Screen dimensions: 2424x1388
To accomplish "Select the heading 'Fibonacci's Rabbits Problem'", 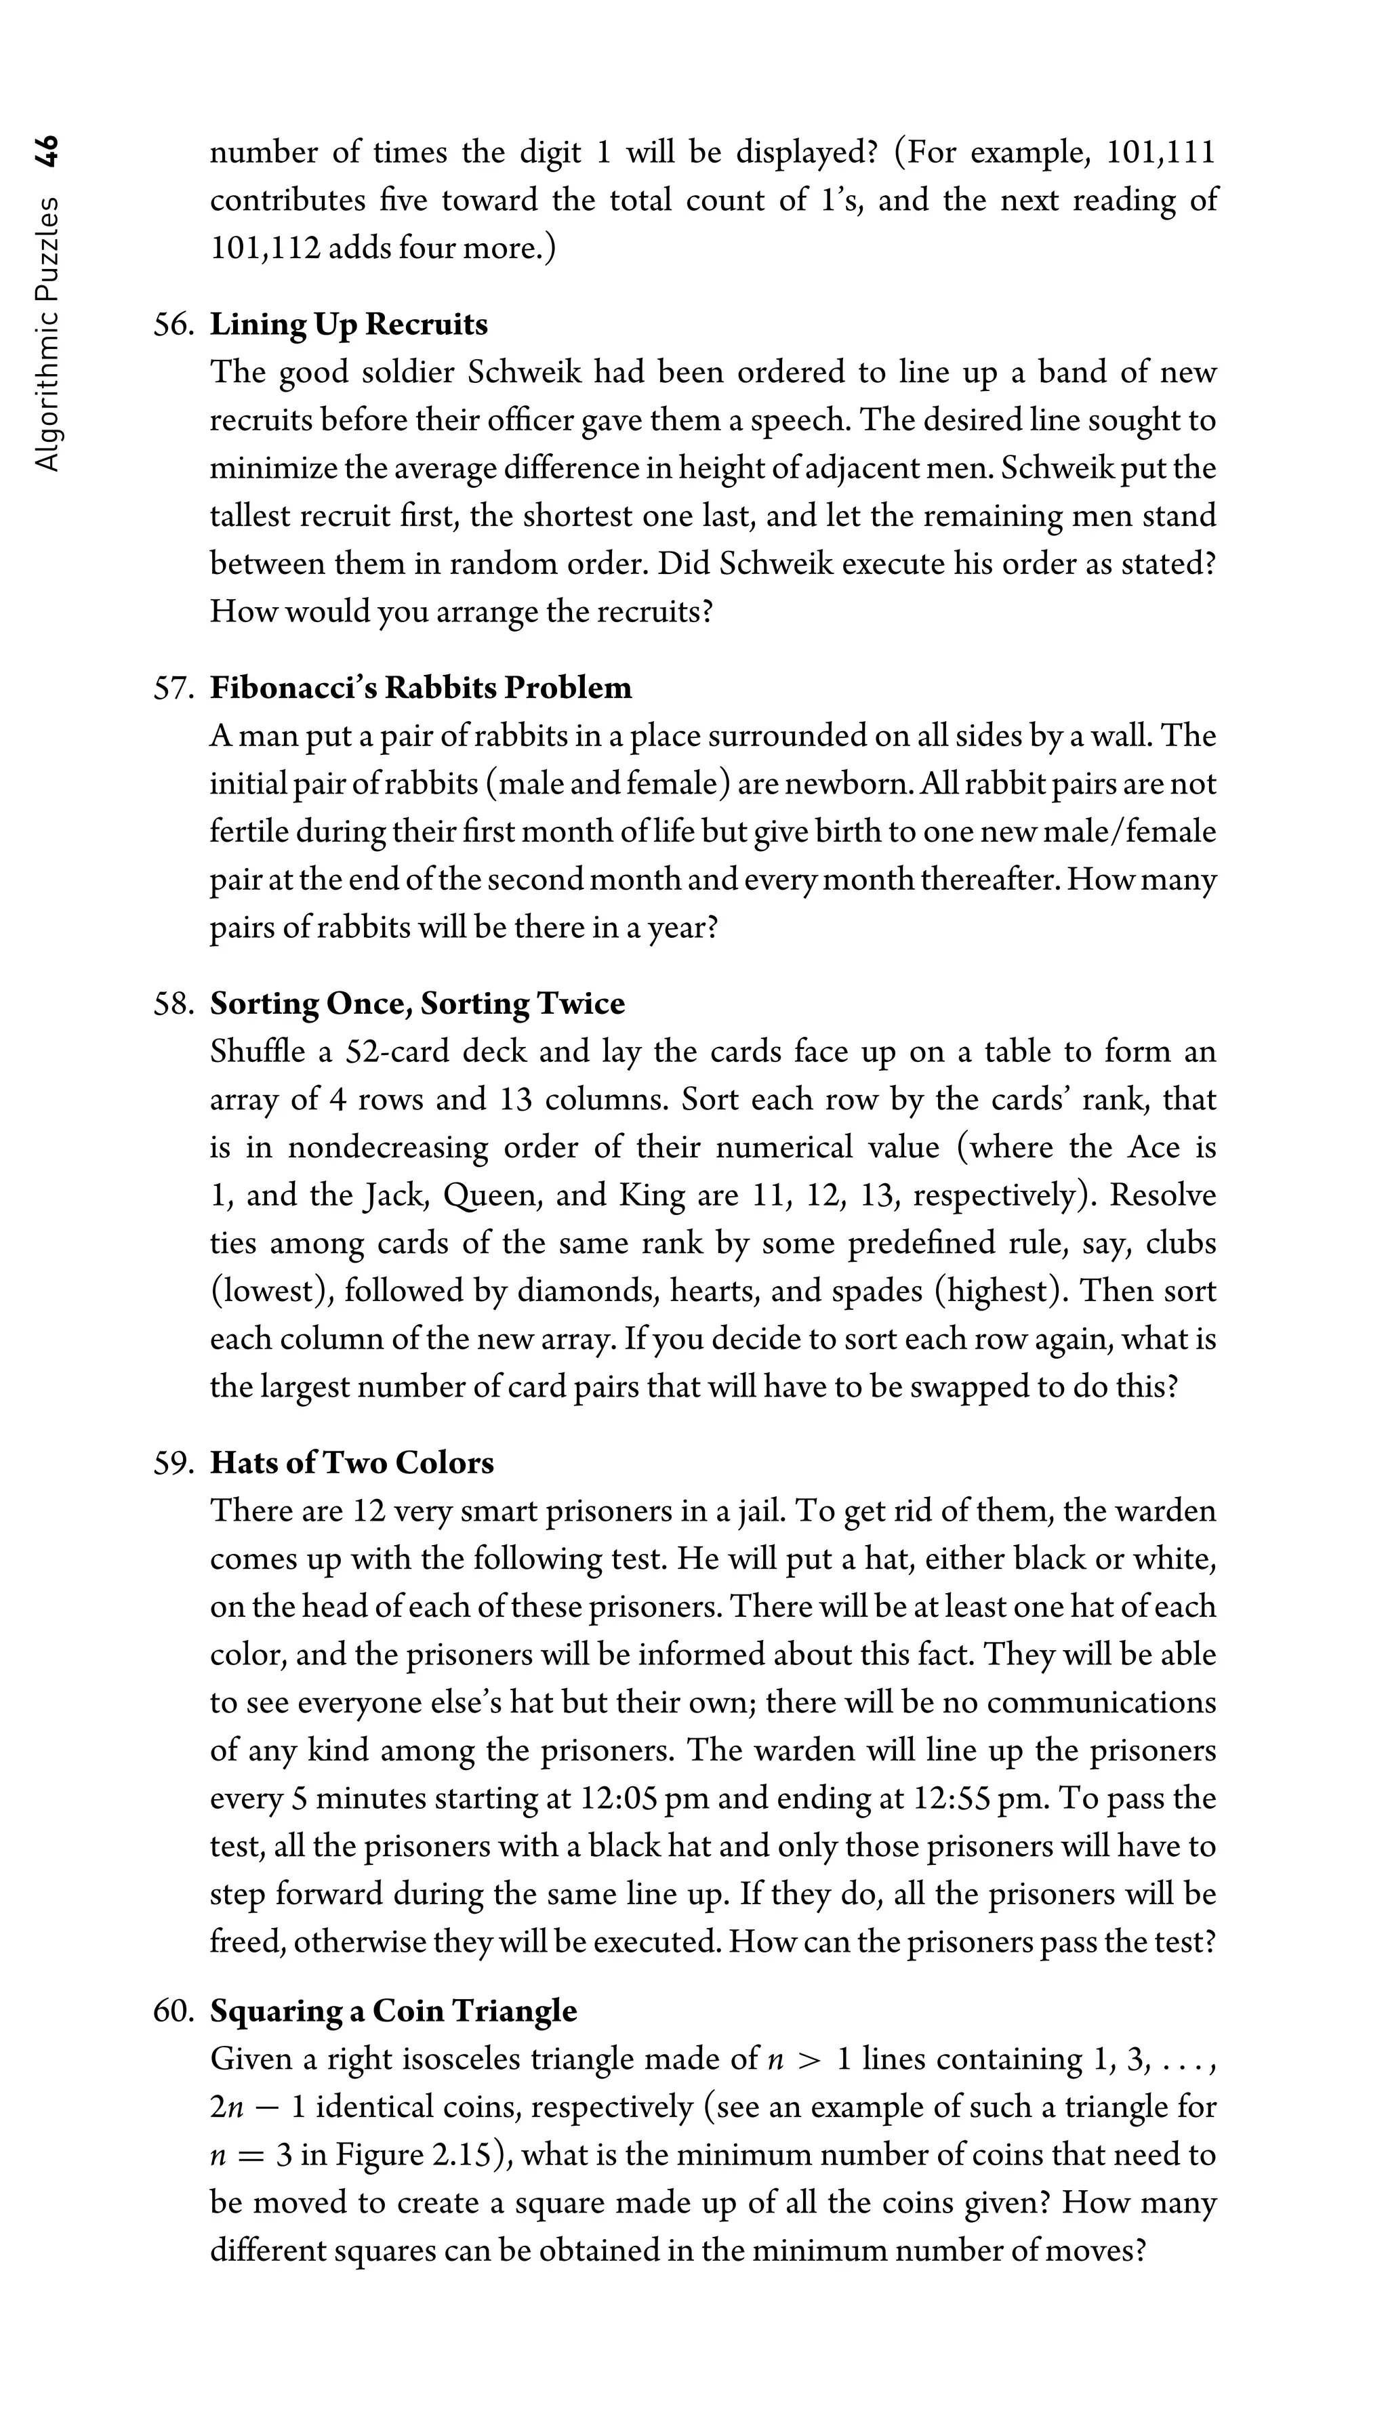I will pyautogui.click(x=420, y=689).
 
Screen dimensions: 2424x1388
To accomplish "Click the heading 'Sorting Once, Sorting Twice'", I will pyautogui.click(x=417, y=1004).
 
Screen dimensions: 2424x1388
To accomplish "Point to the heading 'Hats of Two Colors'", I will pyautogui.click(x=352, y=1463).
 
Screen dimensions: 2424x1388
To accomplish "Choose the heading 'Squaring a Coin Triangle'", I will pyautogui.click(x=393, y=2011).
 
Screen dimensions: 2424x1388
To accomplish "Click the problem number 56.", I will pyautogui.click(x=173, y=325).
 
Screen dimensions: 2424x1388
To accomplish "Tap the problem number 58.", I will pyautogui.click(x=173, y=1004).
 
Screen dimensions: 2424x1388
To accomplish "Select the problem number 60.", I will pyautogui.click(x=173, y=2011).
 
